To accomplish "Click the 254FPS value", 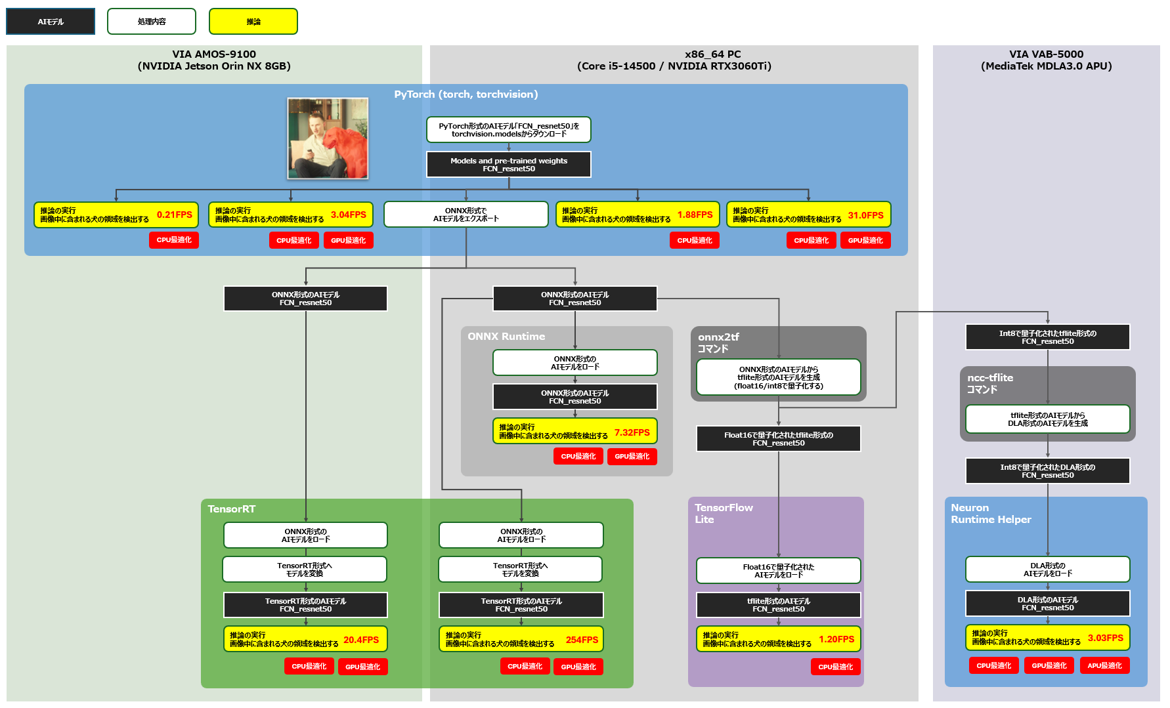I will pos(582,640).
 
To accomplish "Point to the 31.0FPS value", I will pos(865,215).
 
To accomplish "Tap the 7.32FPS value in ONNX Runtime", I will pos(632,432).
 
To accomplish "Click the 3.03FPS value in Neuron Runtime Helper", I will pos(1105,638).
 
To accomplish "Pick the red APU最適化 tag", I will pos(1104,665).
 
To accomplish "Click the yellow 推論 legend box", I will pos(253,22).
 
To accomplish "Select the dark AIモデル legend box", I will pos(51,22).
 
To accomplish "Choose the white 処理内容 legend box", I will pos(152,22).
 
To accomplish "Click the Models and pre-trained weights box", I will pos(509,165).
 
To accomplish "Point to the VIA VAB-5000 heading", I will pos(1046,60).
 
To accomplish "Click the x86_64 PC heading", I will pos(674,60).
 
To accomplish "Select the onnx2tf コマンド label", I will pos(718,343).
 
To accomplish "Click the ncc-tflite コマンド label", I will pos(989,383).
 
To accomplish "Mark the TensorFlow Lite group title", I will pos(724,513).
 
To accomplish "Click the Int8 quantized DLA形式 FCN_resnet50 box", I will pos(1047,471).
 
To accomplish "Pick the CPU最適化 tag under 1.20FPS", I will pos(835,667).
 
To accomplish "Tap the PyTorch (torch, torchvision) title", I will pos(466,94).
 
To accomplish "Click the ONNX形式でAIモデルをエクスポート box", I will pos(466,215).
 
